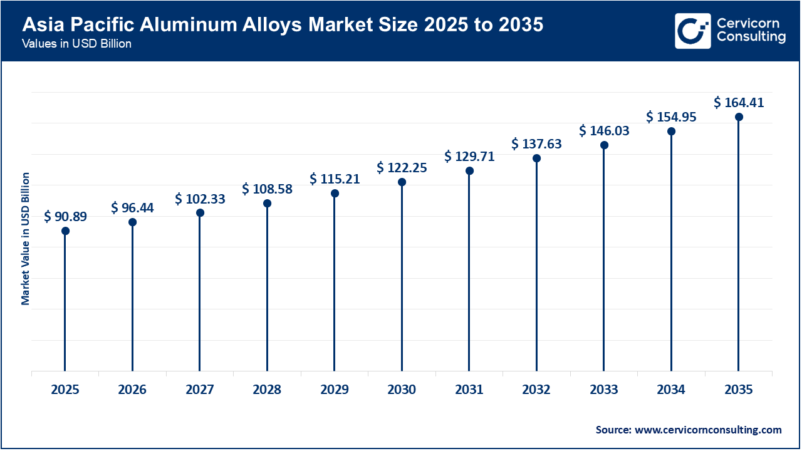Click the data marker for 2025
click(65, 231)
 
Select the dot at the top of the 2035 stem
click(739, 117)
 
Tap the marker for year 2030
click(402, 182)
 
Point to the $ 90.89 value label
click(65, 217)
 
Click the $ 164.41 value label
click(739, 103)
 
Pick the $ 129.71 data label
click(469, 157)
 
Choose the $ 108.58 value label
click(267, 189)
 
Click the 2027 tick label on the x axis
click(200, 390)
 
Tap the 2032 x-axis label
click(536, 390)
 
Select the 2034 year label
click(671, 390)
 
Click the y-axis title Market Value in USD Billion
click(26, 239)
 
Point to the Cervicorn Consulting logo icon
click(692, 31)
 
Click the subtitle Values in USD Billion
click(77, 44)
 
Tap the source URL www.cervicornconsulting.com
click(708, 430)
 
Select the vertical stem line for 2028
click(267, 288)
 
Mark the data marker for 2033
click(604, 145)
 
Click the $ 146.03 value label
click(604, 131)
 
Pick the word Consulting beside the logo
click(751, 38)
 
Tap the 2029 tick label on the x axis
click(335, 390)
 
